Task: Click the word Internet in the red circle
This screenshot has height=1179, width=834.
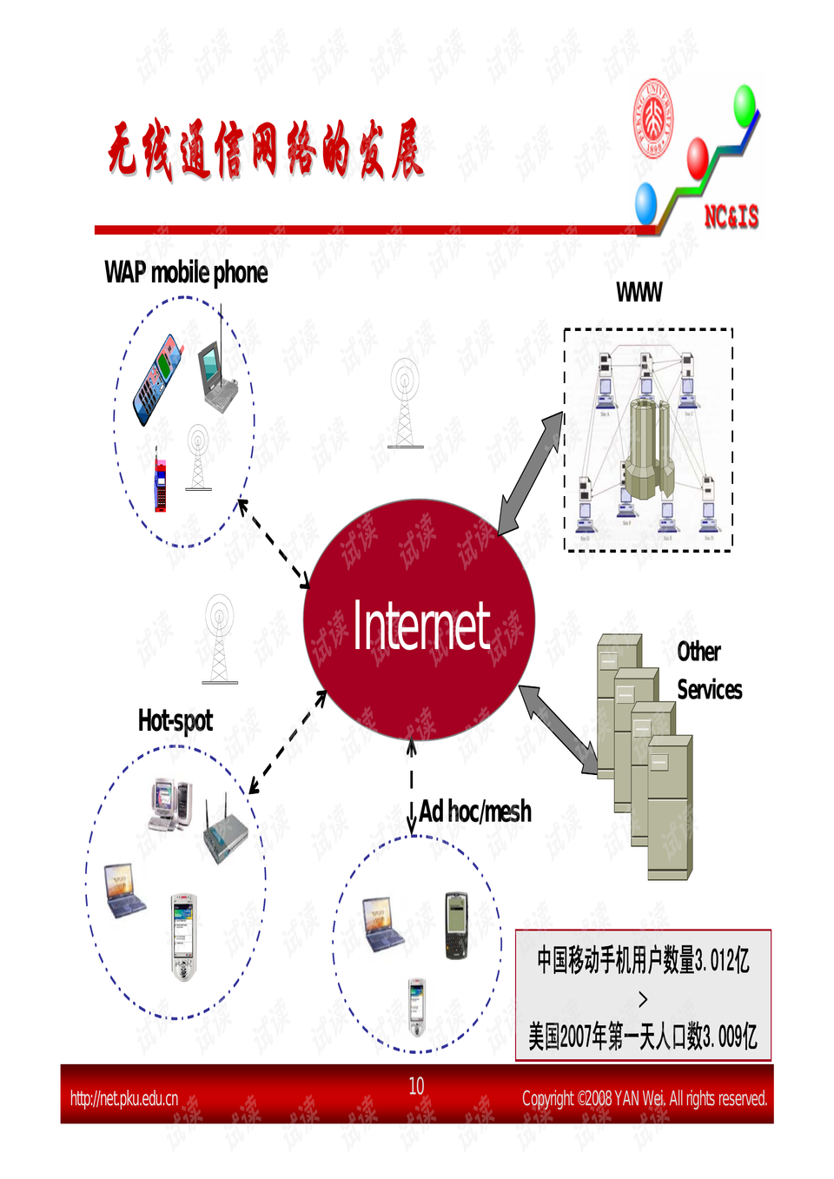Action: pyautogui.click(x=421, y=626)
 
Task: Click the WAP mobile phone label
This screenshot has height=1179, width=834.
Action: pyautogui.click(x=186, y=273)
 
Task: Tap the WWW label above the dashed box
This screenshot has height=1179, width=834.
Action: pyautogui.click(x=639, y=293)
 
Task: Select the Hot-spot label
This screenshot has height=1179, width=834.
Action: pyautogui.click(x=175, y=720)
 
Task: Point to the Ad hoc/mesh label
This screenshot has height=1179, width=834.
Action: pyautogui.click(x=475, y=811)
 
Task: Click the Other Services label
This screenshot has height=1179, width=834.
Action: pyautogui.click(x=708, y=671)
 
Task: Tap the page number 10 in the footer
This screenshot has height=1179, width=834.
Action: pyautogui.click(x=416, y=1086)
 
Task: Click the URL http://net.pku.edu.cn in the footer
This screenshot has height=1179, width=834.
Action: pyautogui.click(x=124, y=1098)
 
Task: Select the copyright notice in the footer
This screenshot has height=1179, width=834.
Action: pyautogui.click(x=644, y=1098)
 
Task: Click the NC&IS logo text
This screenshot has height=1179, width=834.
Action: pyautogui.click(x=731, y=216)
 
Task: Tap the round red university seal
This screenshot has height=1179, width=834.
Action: pyautogui.click(x=653, y=118)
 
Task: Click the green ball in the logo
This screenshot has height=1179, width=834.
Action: pyautogui.click(x=745, y=104)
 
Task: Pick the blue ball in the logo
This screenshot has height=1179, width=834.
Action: pyautogui.click(x=645, y=203)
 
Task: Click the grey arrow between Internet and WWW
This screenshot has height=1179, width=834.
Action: pyautogui.click(x=531, y=473)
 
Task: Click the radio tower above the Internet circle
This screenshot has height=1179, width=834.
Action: pyautogui.click(x=405, y=403)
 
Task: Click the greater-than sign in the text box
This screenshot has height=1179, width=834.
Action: pyautogui.click(x=643, y=999)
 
